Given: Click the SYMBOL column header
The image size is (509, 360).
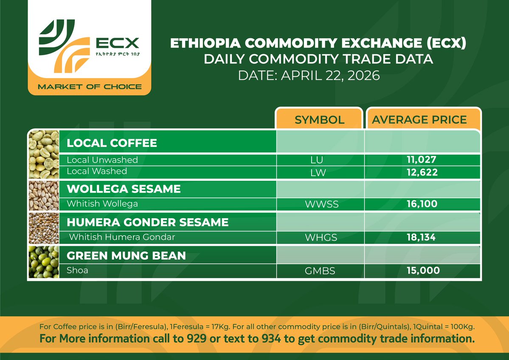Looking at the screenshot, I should pyautogui.click(x=319, y=120).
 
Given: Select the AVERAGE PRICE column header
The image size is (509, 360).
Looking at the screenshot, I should pyautogui.click(x=419, y=120).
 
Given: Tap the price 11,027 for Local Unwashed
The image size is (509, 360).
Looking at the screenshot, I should pyautogui.click(x=420, y=160).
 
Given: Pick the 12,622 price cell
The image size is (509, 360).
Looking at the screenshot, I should pyautogui.click(x=420, y=172).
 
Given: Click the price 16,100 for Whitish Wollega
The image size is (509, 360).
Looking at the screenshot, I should pyautogui.click(x=420, y=204).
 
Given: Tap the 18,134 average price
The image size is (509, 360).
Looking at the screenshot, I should pyautogui.click(x=420, y=237).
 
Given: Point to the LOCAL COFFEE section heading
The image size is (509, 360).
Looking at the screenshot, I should pyautogui.click(x=112, y=143).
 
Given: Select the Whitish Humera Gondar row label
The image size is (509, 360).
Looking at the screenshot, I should pyautogui.click(x=122, y=237).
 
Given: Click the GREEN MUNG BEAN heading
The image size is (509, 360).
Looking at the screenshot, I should pyautogui.click(x=126, y=256).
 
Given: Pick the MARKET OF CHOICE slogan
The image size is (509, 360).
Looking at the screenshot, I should pyautogui.click(x=90, y=87).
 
